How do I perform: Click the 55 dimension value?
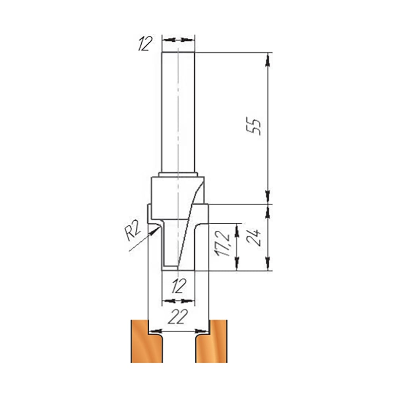click(x=253, y=126)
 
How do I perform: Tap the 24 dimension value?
click(x=253, y=238)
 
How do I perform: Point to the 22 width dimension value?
click(x=178, y=316)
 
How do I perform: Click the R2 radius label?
click(x=133, y=232)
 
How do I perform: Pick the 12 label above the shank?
click(x=145, y=44)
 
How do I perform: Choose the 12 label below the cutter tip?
click(x=179, y=286)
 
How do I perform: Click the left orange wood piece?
click(x=146, y=341)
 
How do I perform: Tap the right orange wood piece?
click(x=211, y=341)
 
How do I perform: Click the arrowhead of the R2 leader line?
click(x=154, y=231)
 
